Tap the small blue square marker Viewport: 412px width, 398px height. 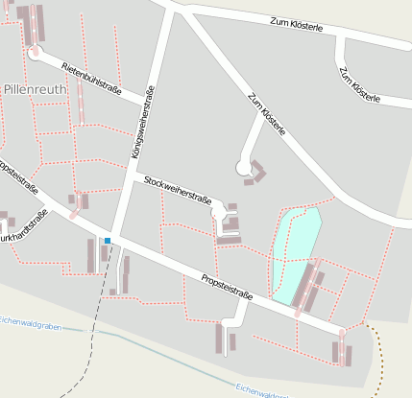click(x=108, y=240)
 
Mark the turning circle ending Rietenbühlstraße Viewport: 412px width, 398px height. click(x=36, y=54)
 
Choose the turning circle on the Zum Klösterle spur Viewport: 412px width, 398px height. click(x=243, y=169)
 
